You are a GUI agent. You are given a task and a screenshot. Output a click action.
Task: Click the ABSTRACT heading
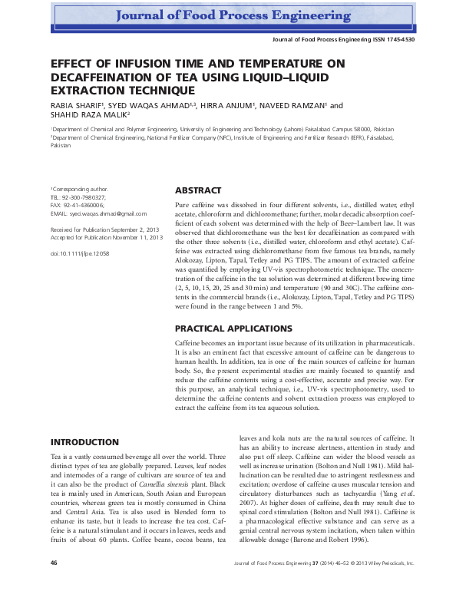click(198, 191)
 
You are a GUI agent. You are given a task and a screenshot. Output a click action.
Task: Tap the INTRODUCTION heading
click(84, 443)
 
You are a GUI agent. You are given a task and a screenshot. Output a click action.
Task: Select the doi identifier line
click(79, 252)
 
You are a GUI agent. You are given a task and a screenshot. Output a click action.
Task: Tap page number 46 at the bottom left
click(54, 584)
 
